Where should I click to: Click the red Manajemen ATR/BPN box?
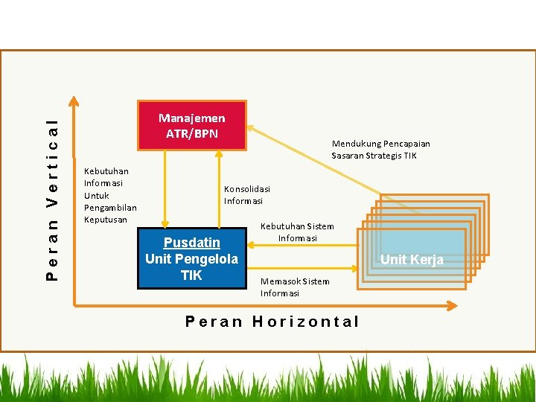click(191, 125)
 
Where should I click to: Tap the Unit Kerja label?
click(412, 259)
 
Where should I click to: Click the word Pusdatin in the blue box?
click(191, 243)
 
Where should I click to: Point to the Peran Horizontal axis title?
click(272, 322)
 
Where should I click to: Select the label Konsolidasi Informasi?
click(247, 195)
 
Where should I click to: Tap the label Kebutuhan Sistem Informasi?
click(297, 232)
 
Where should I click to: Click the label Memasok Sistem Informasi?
click(295, 287)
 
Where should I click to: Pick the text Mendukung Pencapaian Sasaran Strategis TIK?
click(380, 150)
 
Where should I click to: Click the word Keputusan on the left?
click(105, 220)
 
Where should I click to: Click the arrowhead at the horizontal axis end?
click(452, 304)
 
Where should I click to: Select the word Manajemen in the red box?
click(191, 118)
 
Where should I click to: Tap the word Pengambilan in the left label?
click(110, 208)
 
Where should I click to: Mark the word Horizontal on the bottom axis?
click(306, 322)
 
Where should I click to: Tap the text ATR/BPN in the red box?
click(191, 133)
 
